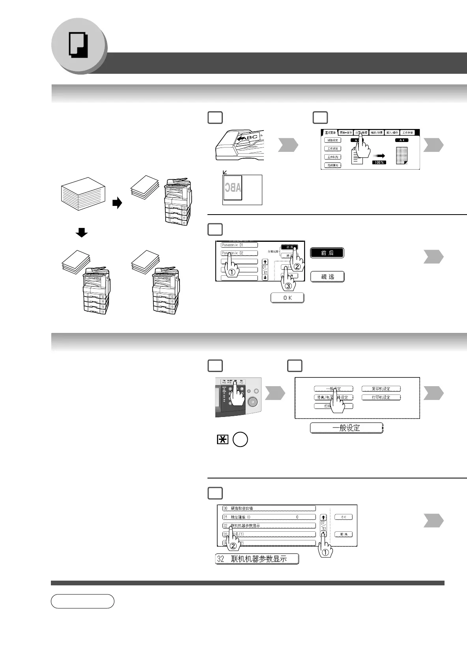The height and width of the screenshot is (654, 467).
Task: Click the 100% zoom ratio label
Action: coord(379,162)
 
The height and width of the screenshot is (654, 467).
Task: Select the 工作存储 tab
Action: coord(407,133)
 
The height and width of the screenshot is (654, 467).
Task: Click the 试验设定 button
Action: coord(333,140)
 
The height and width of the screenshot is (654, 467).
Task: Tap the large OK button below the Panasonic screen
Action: coord(288,298)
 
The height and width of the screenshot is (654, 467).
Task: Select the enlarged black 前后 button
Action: coord(327,253)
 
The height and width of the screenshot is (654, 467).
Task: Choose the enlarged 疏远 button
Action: coord(327,277)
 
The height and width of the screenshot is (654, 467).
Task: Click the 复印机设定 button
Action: coord(381,389)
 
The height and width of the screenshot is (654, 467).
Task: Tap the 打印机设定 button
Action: coord(381,397)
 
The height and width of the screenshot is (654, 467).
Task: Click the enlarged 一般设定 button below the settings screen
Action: coord(346,428)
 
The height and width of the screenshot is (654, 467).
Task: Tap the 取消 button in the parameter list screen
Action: coord(344,534)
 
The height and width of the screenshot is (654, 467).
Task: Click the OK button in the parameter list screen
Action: coord(344,517)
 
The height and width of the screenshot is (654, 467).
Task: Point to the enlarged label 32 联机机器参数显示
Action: coord(257,559)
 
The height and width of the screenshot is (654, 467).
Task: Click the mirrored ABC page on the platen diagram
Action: coord(233,187)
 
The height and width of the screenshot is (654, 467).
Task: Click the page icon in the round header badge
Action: coord(78,45)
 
